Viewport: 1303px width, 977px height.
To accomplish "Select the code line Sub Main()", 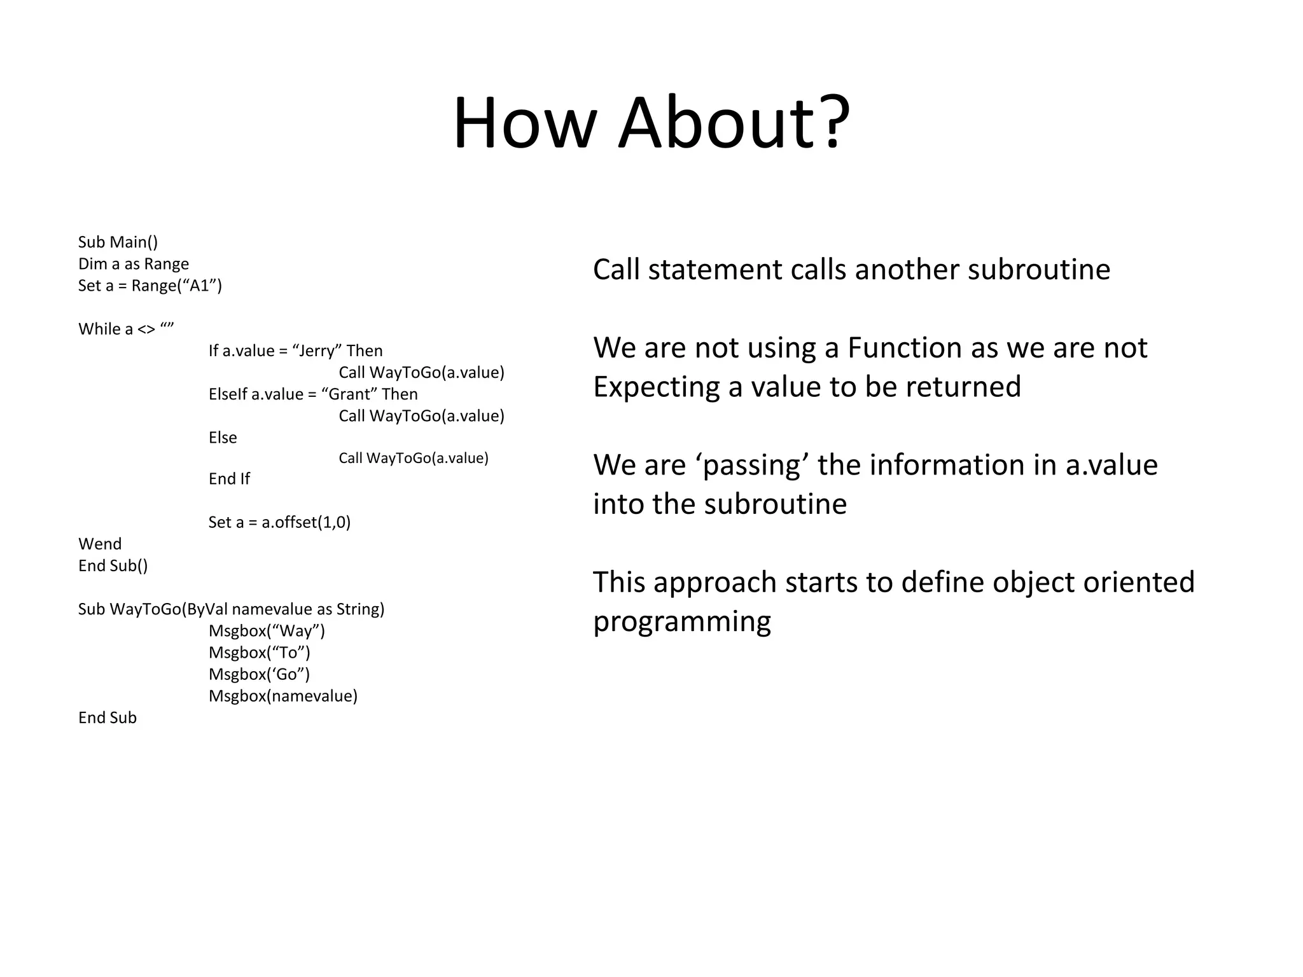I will pyautogui.click(x=118, y=242).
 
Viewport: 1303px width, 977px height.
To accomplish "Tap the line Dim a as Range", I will pyautogui.click(x=134, y=264).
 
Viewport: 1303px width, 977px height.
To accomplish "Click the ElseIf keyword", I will pyautogui.click(x=228, y=394).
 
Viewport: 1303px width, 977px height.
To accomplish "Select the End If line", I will pyautogui.click(x=229, y=479).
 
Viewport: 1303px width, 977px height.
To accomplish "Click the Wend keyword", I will pyautogui.click(x=100, y=544).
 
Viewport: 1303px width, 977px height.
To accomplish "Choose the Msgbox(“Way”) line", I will pyautogui.click(x=267, y=631).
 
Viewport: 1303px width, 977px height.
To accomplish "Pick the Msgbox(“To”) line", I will pyautogui.click(x=259, y=653).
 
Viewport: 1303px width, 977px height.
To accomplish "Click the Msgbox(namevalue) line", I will pyautogui.click(x=283, y=696).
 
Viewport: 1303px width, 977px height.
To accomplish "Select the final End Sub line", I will pyautogui.click(x=108, y=717).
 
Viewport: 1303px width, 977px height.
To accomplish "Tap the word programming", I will pyautogui.click(x=682, y=622).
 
